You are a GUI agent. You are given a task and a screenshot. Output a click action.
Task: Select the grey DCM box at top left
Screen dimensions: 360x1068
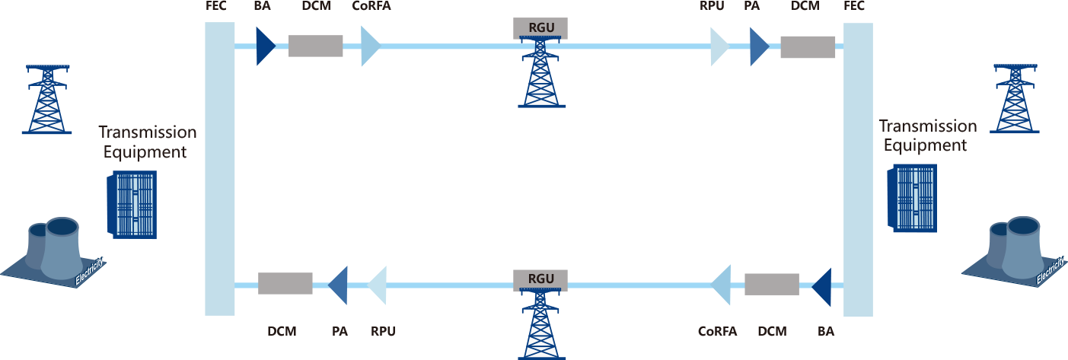click(x=315, y=46)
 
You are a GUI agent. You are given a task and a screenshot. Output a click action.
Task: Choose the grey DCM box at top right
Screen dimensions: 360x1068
click(x=808, y=47)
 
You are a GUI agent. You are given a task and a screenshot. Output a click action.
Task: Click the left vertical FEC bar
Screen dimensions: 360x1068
click(x=220, y=168)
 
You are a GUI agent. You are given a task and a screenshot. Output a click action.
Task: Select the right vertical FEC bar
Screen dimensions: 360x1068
click(x=858, y=168)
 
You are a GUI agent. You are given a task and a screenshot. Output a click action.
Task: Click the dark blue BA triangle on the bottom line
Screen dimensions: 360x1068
click(x=821, y=285)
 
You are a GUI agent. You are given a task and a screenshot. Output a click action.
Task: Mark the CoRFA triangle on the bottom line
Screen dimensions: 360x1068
click(x=721, y=285)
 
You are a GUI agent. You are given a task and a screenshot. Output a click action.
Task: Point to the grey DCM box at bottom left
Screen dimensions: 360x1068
click(x=285, y=283)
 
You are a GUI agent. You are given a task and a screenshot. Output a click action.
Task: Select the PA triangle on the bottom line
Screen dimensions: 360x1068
click(x=338, y=284)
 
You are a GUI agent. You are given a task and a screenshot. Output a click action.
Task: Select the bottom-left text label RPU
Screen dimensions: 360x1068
click(x=383, y=332)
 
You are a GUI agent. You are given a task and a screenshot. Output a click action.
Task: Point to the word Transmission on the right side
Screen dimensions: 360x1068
click(x=927, y=126)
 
